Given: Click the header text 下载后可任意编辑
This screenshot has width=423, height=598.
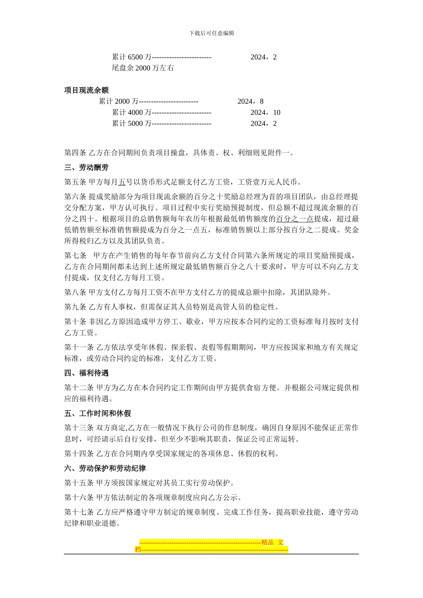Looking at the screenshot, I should click(211, 33).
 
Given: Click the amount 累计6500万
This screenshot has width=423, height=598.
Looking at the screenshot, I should click(131, 57).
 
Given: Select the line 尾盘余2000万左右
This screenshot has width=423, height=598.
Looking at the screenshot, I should click(143, 68).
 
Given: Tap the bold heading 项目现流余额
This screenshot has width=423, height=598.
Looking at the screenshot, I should click(86, 90).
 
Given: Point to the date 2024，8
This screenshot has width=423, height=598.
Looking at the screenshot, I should click(250, 101).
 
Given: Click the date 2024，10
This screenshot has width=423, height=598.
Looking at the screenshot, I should click(265, 113).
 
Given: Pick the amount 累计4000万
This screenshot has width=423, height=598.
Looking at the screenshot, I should click(131, 113).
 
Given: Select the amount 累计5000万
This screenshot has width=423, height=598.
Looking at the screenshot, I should click(131, 124).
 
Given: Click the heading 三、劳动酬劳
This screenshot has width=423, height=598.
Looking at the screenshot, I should click(86, 168).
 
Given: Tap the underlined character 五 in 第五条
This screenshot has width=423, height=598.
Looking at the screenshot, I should click(122, 182).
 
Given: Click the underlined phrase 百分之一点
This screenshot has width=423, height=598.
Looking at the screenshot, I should click(295, 219).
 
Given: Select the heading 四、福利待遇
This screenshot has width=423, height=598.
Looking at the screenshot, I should click(86, 373).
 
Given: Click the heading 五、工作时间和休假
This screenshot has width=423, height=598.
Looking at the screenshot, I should click(98, 413).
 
